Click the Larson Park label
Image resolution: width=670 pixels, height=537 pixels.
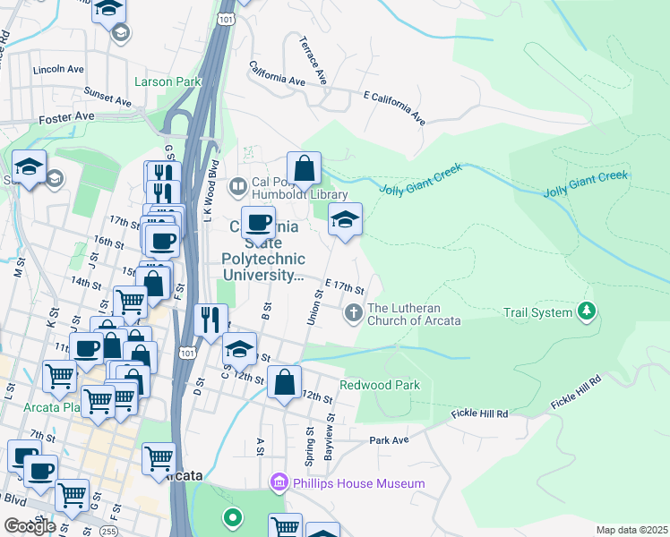[x=167, y=81]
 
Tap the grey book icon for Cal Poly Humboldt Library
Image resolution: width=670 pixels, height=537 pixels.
[x=238, y=187]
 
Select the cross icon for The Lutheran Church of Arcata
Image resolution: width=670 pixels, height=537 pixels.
[x=353, y=311]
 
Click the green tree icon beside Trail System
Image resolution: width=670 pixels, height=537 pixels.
[x=587, y=311]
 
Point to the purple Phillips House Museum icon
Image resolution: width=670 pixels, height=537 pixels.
[x=278, y=483]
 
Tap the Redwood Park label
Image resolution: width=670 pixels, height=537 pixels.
[x=379, y=385]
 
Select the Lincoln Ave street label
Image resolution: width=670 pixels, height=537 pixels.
[x=57, y=69]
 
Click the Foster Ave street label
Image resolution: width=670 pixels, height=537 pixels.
[x=66, y=116]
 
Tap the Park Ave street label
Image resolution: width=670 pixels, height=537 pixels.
[x=389, y=440]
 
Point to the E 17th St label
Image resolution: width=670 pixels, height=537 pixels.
[x=344, y=286]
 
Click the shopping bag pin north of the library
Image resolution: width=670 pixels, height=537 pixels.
[x=305, y=167]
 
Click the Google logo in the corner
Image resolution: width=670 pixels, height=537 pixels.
[x=29, y=526]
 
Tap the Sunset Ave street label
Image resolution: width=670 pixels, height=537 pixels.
[x=107, y=91]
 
